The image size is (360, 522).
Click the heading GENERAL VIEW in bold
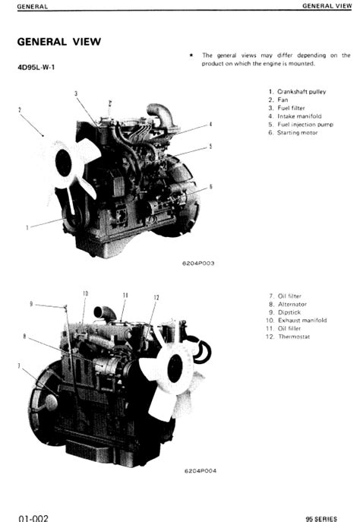(59, 42)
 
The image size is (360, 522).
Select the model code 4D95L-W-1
(36, 68)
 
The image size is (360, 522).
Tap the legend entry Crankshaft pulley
(302, 91)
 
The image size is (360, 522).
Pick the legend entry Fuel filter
(291, 108)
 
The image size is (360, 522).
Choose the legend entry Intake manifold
(299, 116)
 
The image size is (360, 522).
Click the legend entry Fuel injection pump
(305, 125)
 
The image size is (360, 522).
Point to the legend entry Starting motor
(298, 132)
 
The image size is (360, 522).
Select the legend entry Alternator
(292, 304)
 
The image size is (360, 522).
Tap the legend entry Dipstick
(289, 312)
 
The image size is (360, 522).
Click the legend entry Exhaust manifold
(302, 320)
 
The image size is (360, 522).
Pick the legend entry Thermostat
(294, 337)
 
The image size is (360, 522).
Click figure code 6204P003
(198, 264)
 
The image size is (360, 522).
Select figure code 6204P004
(201, 471)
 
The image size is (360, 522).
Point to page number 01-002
(33, 517)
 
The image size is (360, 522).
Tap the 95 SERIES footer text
(321, 519)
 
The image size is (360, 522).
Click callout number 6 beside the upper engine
(210, 187)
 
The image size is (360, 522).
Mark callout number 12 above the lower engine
(156, 297)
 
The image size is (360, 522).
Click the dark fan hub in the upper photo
(64, 163)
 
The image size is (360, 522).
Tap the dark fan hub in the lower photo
(175, 368)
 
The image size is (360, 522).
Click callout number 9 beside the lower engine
(31, 304)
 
